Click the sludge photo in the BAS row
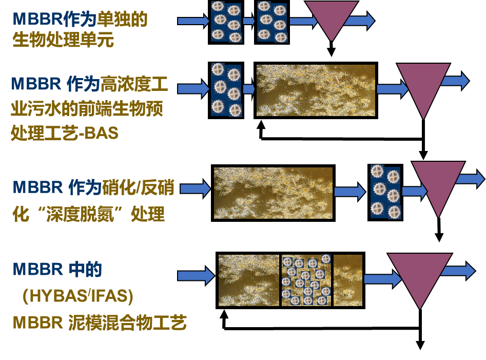tap(316, 90)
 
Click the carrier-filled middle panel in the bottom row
tap(306, 280)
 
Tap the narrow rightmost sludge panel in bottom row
tap(348, 280)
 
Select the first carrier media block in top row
tap(226, 22)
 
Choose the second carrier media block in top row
tap(272, 22)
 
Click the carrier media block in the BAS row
tap(226, 89)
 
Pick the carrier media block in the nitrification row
tap(385, 191)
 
